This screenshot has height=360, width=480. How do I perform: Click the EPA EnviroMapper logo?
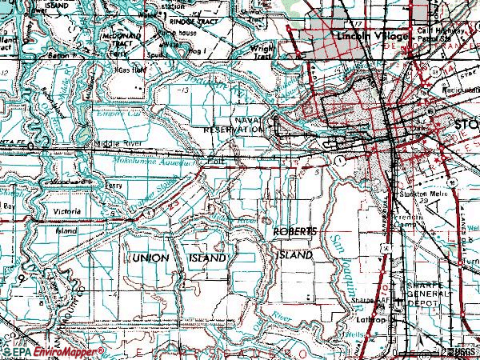(53, 351)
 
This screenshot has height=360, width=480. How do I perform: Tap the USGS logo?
(464, 351)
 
